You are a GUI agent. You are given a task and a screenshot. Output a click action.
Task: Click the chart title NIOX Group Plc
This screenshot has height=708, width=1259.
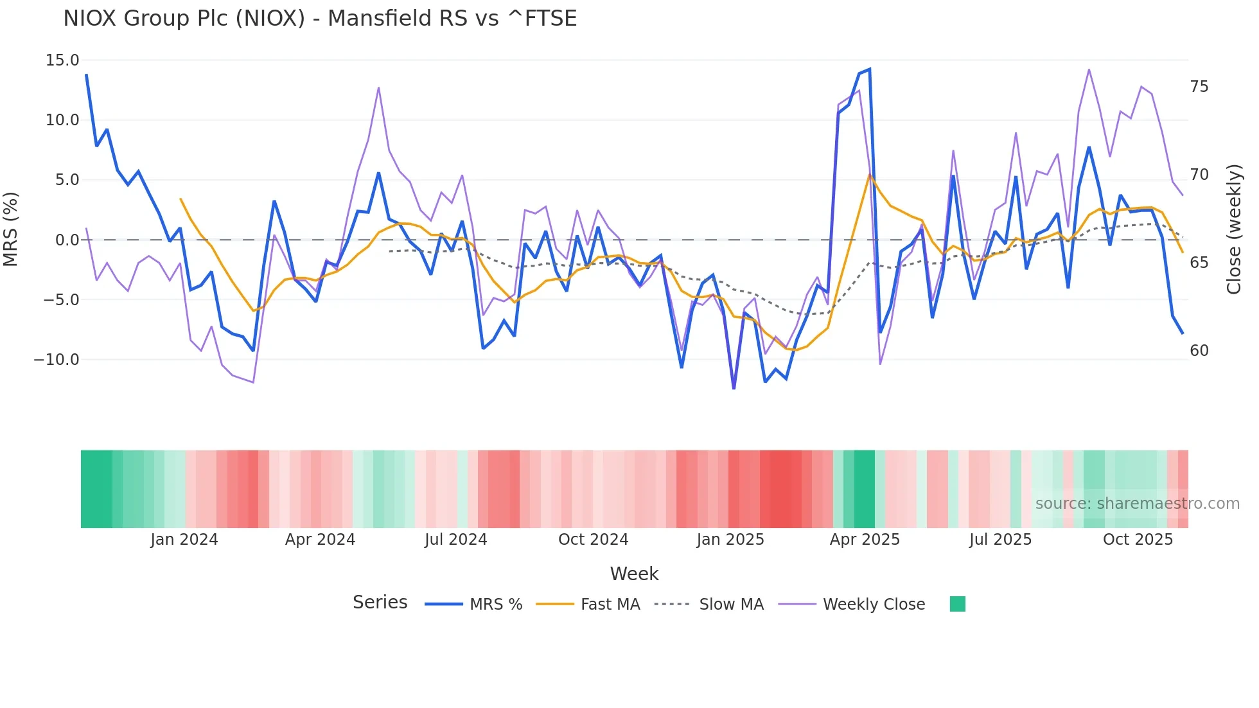[320, 18]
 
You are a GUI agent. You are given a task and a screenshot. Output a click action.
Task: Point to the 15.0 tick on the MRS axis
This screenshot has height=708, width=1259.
[62, 60]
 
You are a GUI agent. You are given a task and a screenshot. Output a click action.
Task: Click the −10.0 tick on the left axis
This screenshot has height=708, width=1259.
[57, 359]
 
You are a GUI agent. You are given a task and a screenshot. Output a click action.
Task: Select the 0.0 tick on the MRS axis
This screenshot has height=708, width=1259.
[67, 240]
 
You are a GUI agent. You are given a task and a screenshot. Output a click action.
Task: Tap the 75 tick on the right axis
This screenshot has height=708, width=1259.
[1199, 87]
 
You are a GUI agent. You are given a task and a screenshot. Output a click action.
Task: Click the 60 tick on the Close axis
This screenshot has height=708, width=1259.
[1199, 351]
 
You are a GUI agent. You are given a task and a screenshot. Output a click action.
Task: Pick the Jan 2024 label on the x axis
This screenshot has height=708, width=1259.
[184, 540]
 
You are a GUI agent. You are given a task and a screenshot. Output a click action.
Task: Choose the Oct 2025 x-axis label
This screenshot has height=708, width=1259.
[1138, 540]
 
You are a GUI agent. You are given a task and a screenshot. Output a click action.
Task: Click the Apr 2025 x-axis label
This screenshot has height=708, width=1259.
[865, 540]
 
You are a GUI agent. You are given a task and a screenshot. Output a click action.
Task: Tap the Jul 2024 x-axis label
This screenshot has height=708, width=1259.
[455, 540]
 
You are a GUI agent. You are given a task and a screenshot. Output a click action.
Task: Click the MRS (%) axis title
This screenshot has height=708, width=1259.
[11, 229]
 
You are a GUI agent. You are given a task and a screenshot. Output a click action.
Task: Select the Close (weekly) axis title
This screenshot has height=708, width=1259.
[1234, 229]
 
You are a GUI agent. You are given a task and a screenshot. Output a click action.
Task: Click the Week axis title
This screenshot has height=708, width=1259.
[634, 574]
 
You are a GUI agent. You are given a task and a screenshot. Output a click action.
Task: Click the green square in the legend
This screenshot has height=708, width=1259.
[957, 604]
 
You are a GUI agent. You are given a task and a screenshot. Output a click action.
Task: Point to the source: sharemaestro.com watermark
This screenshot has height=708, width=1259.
[1137, 504]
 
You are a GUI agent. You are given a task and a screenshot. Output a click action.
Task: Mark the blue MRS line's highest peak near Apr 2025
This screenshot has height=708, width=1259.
[869, 69]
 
